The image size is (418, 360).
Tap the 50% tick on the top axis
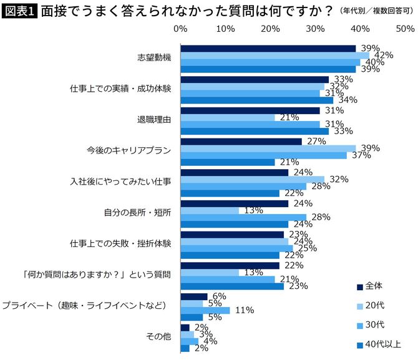[405, 29]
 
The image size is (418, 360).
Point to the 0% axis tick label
[180, 29]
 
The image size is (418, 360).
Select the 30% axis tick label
[315, 29]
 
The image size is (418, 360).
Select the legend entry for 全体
[376, 286]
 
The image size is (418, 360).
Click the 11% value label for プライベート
[242, 310]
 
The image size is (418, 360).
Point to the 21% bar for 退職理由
[227, 117]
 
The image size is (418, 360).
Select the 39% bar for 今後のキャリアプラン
[268, 148]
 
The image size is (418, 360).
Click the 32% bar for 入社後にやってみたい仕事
[252, 179]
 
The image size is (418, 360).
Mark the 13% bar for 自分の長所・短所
[210, 210]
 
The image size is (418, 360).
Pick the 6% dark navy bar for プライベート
[193, 296]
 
